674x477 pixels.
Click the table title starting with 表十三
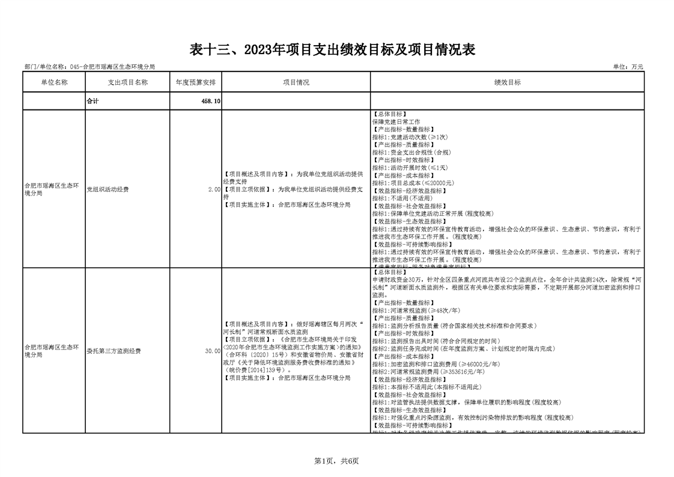pos(332,50)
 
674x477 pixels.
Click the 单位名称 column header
pos(53,82)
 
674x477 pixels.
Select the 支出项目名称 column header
pos(127,82)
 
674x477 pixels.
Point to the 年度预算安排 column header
pos(196,82)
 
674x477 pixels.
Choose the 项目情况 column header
pos(296,82)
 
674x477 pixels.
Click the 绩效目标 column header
pos(507,82)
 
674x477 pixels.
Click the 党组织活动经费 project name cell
pos(108,189)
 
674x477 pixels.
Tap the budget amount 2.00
pos(214,189)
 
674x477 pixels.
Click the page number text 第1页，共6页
pos(336,461)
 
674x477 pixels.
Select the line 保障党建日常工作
pos(396,122)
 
